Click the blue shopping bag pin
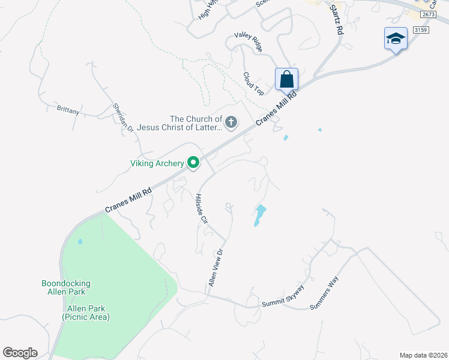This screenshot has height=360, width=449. tap(287, 79)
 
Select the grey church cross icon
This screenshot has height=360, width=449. tap(231, 123)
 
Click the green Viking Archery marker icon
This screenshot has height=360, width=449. tap(193, 163)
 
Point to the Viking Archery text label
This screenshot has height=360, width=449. tap(157, 163)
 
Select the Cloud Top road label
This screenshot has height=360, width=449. tap(253, 83)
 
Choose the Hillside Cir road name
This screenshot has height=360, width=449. tap(201, 209)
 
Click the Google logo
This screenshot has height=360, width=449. tap(20, 352)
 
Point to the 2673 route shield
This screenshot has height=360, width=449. tap(427, 14)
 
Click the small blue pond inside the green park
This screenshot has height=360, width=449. tap(80, 242)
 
